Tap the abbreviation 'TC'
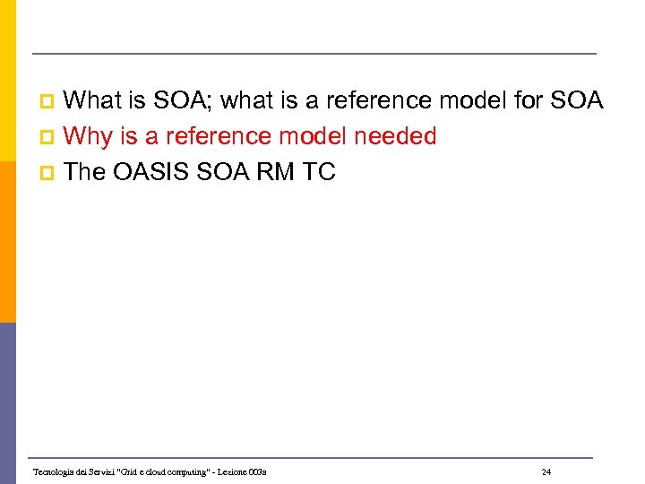click(319, 172)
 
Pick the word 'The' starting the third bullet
click(85, 172)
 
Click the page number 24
click(546, 471)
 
